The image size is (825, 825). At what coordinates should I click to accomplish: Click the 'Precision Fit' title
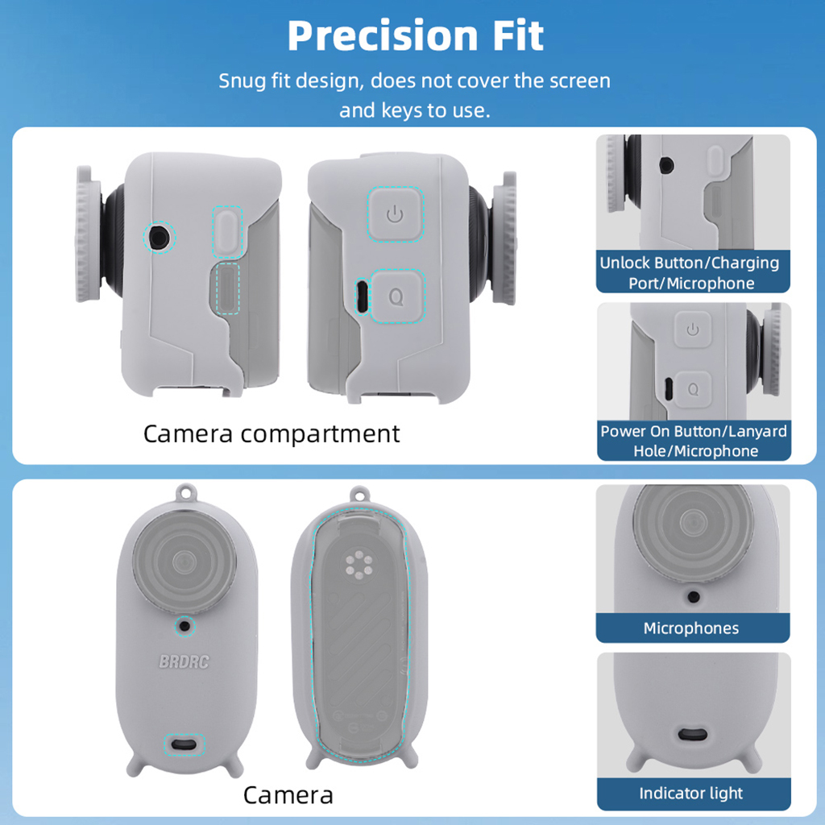coord(415,35)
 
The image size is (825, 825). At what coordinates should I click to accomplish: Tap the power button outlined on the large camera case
coord(395,214)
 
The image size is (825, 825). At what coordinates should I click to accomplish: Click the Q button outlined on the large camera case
coord(396,296)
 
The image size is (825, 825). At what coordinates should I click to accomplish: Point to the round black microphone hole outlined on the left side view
coord(159,238)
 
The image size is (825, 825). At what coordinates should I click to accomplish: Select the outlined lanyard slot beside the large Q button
coord(362,296)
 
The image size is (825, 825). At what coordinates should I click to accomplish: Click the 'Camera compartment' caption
coord(272,434)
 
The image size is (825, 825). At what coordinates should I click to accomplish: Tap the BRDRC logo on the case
coord(184,661)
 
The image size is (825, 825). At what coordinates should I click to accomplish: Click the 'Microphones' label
coord(690,628)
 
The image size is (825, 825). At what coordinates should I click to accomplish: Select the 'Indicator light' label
coord(690,793)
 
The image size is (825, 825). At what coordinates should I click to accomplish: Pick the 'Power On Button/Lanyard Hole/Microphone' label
coord(694,441)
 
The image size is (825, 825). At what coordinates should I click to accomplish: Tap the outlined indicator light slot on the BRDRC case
coord(184,744)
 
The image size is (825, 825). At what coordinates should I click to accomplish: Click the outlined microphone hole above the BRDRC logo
coord(184,626)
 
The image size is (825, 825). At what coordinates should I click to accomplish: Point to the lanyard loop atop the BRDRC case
coord(186,494)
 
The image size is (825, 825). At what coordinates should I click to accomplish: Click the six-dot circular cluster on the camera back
coord(359,565)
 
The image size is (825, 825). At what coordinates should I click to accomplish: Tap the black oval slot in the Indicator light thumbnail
coord(692,734)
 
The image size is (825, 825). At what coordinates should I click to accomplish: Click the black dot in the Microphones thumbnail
coord(694,597)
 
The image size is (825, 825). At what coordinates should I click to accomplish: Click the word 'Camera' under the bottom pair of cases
coord(288,795)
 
